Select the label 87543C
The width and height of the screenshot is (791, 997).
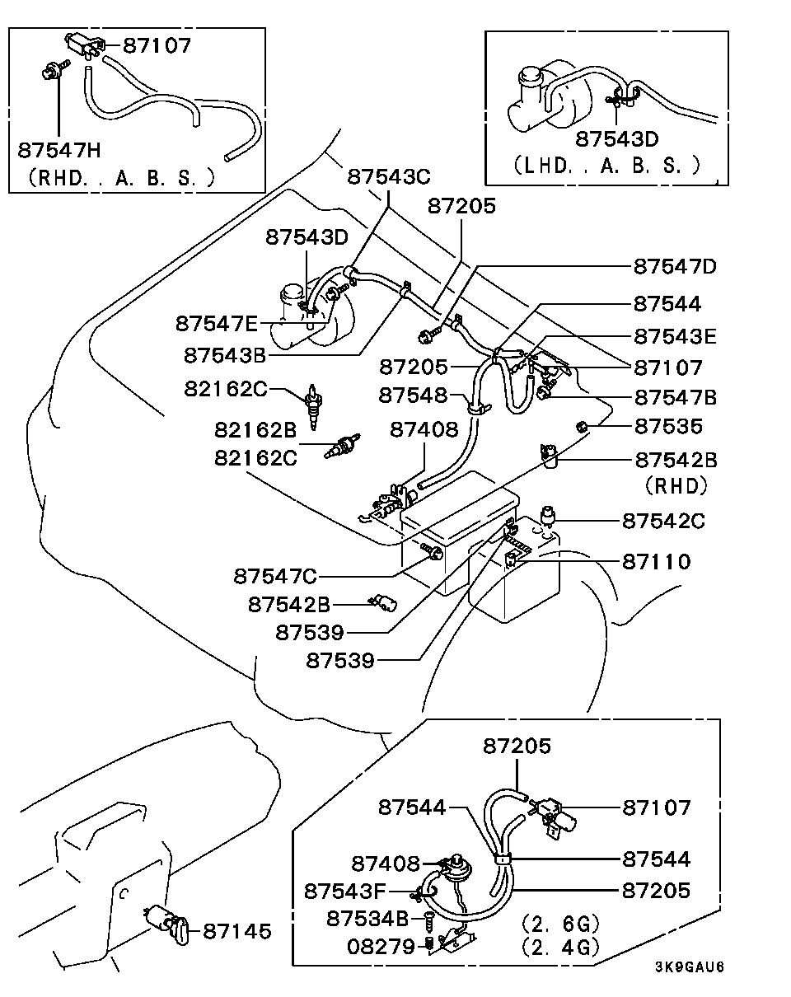[x=389, y=177]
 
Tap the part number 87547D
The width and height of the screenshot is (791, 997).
[x=675, y=267]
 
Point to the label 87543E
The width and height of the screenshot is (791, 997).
[x=675, y=336]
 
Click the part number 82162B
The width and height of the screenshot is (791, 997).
[x=255, y=429]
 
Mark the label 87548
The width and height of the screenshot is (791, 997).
[x=413, y=396]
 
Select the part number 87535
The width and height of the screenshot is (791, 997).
[x=668, y=427]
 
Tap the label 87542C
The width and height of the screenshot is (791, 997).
[x=663, y=521]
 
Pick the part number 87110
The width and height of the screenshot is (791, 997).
[x=656, y=562]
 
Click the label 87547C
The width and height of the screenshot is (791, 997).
[x=274, y=575]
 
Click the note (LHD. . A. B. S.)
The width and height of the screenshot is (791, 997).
[x=606, y=166]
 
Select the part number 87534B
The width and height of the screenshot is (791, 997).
[x=367, y=919]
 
